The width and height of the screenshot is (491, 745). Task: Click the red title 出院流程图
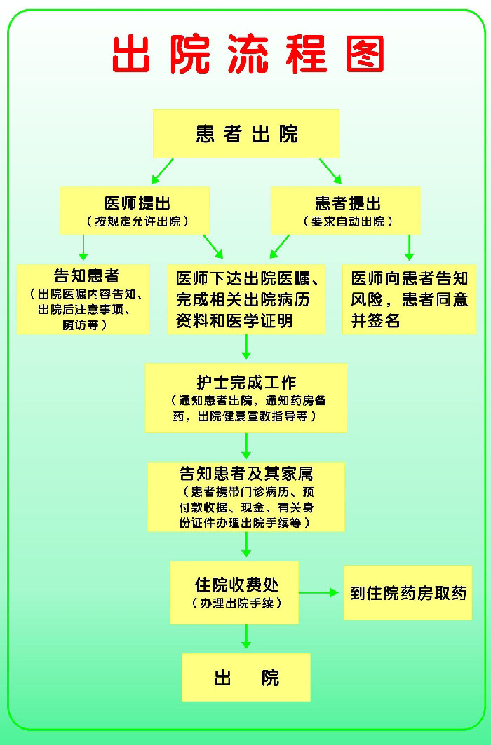pyautogui.click(x=248, y=53)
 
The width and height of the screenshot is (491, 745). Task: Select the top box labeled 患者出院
pyautogui.click(x=245, y=133)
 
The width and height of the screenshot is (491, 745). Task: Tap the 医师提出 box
pyautogui.click(x=135, y=210)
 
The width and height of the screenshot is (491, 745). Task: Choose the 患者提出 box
pyautogui.click(x=346, y=210)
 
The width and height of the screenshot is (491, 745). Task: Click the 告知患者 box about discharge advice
pyautogui.click(x=83, y=299)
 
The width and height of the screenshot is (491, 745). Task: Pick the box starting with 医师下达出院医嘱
pyautogui.click(x=246, y=299)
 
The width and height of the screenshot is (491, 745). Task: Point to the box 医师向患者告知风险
pyautogui.click(x=409, y=299)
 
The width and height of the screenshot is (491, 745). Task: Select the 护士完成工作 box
pyautogui.click(x=246, y=398)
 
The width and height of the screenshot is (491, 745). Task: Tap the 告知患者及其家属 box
pyautogui.click(x=246, y=496)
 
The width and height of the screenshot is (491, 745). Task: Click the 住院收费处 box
pyautogui.click(x=234, y=592)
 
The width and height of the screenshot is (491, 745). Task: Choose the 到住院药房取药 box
pyautogui.click(x=408, y=592)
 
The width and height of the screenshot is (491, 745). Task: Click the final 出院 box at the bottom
pyautogui.click(x=246, y=678)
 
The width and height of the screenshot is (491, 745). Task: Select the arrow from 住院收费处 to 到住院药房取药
pyautogui.click(x=318, y=592)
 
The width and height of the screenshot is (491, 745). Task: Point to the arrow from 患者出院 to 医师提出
pyautogui.click(x=162, y=171)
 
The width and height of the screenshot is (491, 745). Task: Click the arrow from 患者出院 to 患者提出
pyautogui.click(x=330, y=171)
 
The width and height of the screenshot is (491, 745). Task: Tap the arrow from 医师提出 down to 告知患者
pyautogui.click(x=83, y=247)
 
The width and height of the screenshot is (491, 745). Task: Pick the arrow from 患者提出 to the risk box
pyautogui.click(x=409, y=247)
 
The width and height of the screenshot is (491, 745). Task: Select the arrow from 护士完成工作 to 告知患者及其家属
pyautogui.click(x=246, y=446)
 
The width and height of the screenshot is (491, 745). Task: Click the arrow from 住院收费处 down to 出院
pyautogui.click(x=246, y=636)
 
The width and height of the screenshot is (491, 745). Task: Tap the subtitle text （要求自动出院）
pyautogui.click(x=347, y=221)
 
